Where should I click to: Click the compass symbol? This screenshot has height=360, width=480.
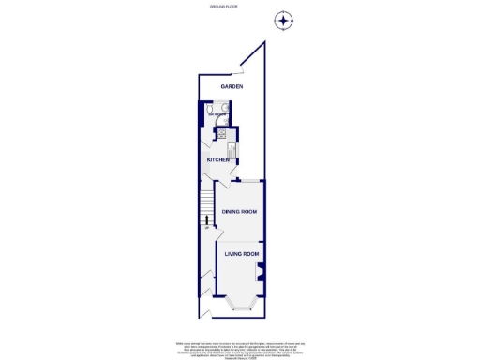pyautogui.click(x=283, y=20)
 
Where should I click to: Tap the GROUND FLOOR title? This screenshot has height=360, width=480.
pyautogui.click(x=222, y=7)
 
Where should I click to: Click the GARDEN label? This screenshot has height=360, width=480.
pyautogui.click(x=232, y=86)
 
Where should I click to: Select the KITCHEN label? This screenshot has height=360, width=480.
pyautogui.click(x=218, y=159)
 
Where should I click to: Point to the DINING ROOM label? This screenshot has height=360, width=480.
pyautogui.click(x=239, y=211)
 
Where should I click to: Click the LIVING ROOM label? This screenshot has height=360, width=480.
pyautogui.click(x=241, y=253)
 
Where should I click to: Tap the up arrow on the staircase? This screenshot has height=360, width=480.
pyautogui.click(x=205, y=222)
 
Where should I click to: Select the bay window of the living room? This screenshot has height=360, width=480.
pyautogui.click(x=239, y=302)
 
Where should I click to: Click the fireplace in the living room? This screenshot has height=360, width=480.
pyautogui.click(x=260, y=273)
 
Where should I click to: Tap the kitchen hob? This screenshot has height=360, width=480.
pyautogui.click(x=222, y=132)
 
